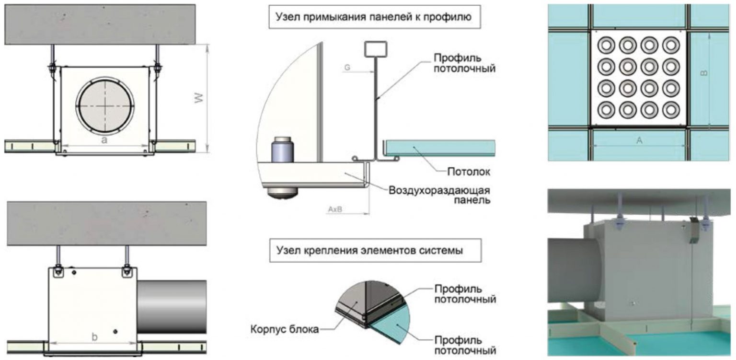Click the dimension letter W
tap(199, 98)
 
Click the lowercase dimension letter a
tap(104, 140)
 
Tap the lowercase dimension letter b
tap(94, 337)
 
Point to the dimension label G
tap(347, 68)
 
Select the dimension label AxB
tap(335, 209)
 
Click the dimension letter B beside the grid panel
tap(704, 73)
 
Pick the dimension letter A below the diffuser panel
tap(639, 140)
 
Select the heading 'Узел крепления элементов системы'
tap(369, 251)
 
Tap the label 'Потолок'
tap(469, 172)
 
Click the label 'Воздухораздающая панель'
tap(439, 195)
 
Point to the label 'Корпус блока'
tap(285, 329)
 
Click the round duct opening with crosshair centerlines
tap(105, 106)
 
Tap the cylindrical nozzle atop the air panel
tap(283, 149)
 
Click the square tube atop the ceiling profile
tap(376, 49)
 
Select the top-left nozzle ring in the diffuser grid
tap(606, 46)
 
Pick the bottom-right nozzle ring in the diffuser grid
tap(671, 110)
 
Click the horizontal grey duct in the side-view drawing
tap(172, 307)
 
